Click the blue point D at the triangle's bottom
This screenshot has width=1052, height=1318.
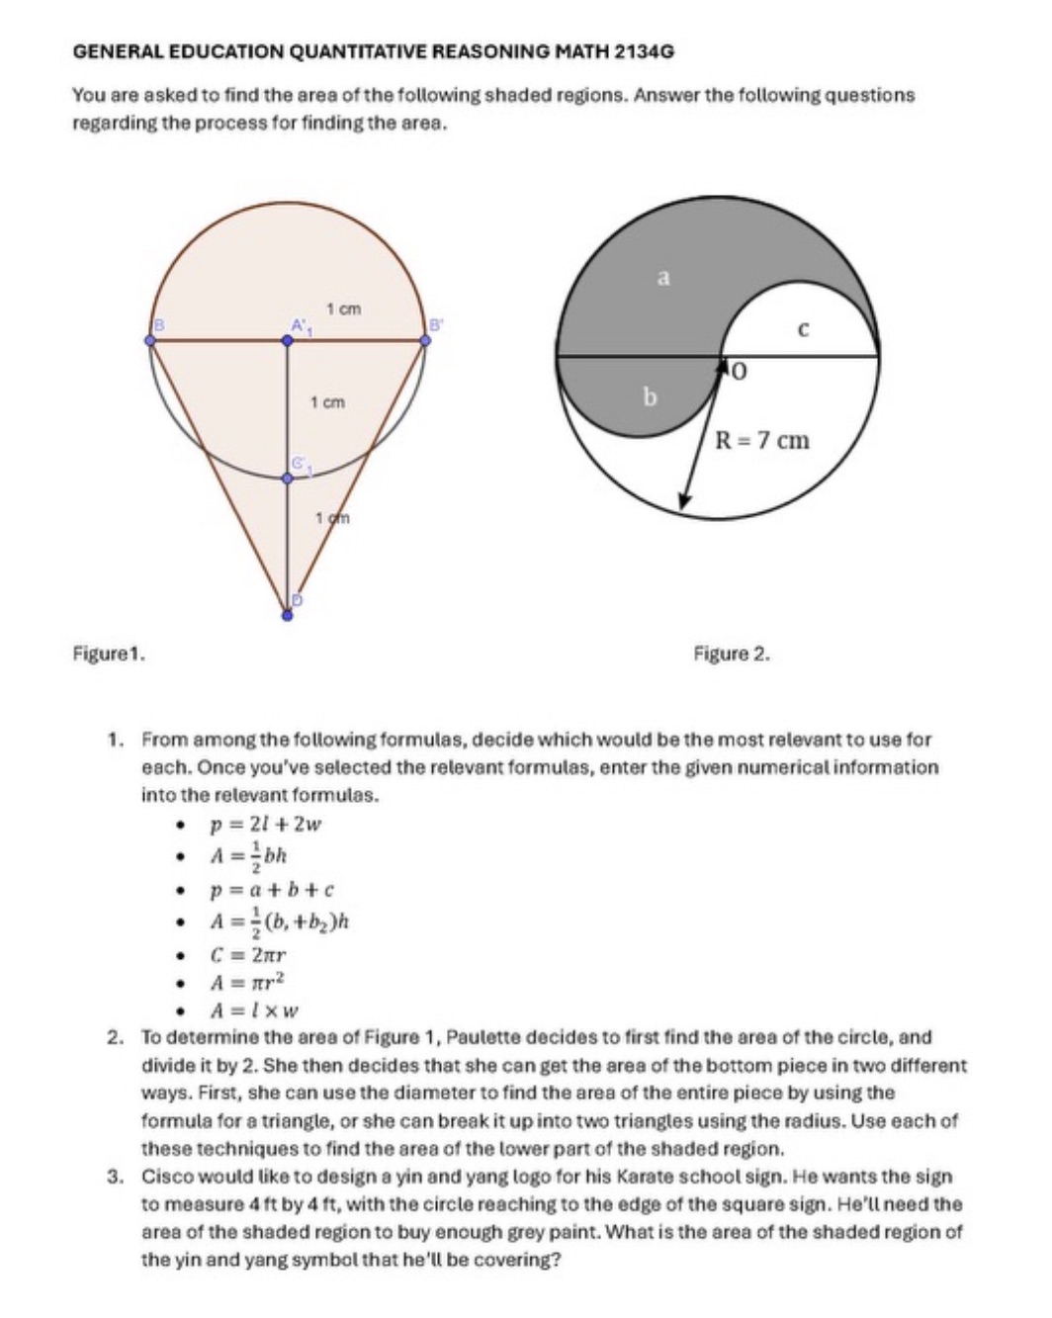pyautogui.click(x=287, y=615)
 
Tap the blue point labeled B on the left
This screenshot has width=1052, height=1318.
pyautogui.click(x=150, y=340)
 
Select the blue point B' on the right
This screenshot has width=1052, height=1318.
pyautogui.click(x=426, y=340)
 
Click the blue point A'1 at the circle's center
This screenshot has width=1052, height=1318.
pyautogui.click(x=288, y=340)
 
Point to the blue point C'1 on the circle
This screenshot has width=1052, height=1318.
pyautogui.click(x=288, y=478)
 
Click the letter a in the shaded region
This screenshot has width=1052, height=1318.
pyautogui.click(x=663, y=278)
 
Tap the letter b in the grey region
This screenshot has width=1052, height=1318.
pyautogui.click(x=650, y=397)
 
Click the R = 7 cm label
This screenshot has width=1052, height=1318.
pyautogui.click(x=762, y=440)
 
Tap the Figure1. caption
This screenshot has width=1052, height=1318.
pyautogui.click(x=110, y=654)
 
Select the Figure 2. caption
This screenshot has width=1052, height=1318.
pyautogui.click(x=732, y=654)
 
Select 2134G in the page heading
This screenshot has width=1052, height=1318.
pyautogui.click(x=644, y=50)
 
